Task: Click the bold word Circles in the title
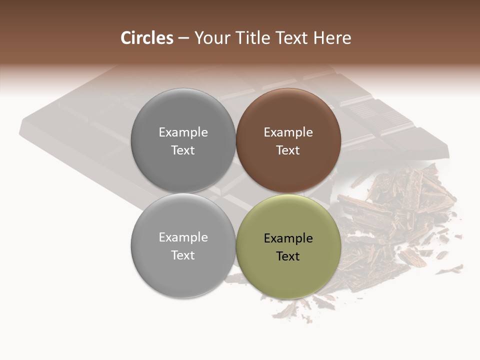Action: (147, 38)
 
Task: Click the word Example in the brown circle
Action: (288, 132)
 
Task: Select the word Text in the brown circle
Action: (288, 150)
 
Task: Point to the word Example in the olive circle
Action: (288, 238)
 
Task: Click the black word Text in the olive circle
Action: (288, 256)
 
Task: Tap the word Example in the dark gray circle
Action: (183, 132)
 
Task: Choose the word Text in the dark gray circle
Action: (183, 150)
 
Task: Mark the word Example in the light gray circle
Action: (183, 237)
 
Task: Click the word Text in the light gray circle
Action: (183, 255)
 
